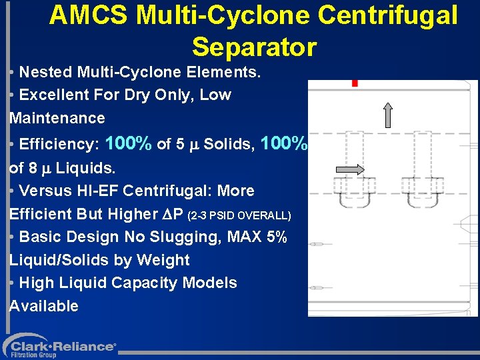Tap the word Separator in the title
(x=254, y=47)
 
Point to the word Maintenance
(x=57, y=118)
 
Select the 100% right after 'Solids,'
(x=285, y=143)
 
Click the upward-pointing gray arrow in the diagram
(x=389, y=114)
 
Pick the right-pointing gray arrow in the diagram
(x=351, y=170)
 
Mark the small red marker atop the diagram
(x=355, y=83)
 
